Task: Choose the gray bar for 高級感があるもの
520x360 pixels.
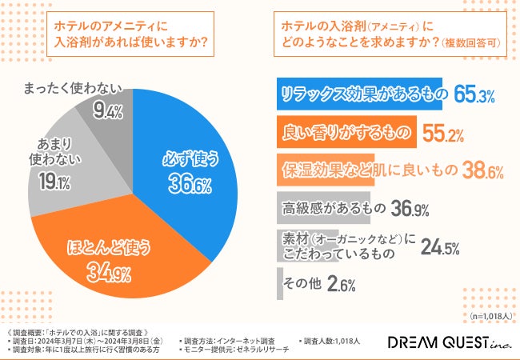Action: pyautogui.click(x=323, y=209)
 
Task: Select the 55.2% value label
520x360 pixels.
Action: pyautogui.click(x=443, y=133)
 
